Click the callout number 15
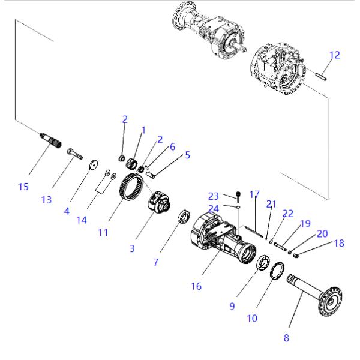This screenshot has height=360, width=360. (23, 187)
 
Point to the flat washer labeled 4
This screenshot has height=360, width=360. (94, 164)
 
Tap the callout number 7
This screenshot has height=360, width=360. (155, 262)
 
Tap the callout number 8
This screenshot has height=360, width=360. (286, 337)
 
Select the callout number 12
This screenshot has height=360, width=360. (334, 55)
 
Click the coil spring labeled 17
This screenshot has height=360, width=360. (254, 230)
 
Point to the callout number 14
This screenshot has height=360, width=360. (82, 220)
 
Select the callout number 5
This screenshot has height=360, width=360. (187, 155)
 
